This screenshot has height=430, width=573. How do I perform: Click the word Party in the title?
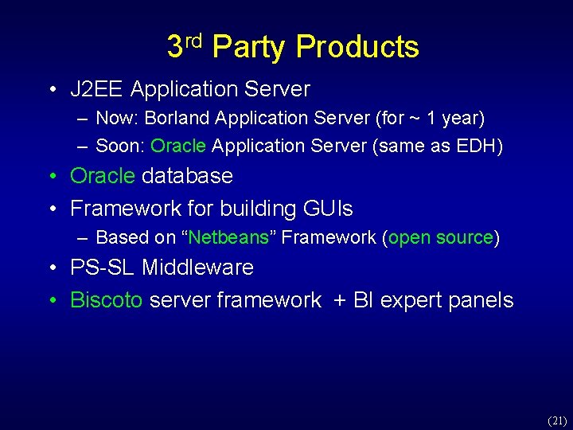[250, 48]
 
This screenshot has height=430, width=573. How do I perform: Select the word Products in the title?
[357, 48]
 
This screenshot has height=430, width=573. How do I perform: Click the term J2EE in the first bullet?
[97, 89]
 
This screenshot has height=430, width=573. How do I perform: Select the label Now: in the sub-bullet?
[118, 119]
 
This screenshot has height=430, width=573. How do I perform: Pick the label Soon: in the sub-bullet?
[120, 147]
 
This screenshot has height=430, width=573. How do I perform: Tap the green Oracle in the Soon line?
[178, 147]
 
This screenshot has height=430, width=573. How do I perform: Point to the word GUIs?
[328, 209]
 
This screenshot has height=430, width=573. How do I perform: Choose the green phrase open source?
[441, 237]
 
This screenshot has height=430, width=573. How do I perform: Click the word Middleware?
[197, 268]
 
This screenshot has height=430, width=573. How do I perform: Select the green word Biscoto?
[107, 300]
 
